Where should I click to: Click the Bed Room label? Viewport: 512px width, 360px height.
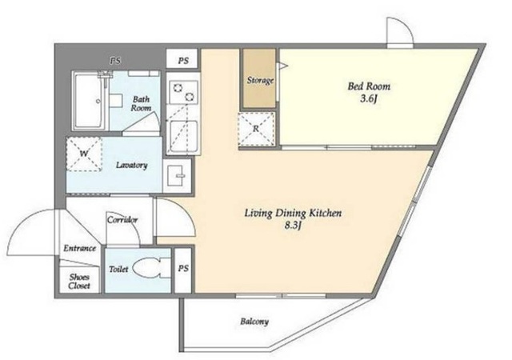pos(369,86)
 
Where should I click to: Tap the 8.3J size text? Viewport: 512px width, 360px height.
pos(293,226)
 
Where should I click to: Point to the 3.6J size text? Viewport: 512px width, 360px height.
pos(369,98)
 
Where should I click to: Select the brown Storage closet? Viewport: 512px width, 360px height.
pos(259,78)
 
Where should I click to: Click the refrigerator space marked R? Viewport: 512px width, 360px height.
pos(256,128)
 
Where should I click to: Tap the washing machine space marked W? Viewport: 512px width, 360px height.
pos(84,154)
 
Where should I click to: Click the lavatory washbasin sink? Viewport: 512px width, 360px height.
pos(177,175)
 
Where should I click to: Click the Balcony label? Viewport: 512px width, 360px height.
pos(254,322)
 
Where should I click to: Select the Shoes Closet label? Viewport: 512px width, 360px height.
pos(79,282)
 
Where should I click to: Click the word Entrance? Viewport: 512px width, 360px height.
pos(80,248)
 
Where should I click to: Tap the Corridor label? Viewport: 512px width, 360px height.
pos(122,219)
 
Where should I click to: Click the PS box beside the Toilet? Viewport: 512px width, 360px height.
pos(183,270)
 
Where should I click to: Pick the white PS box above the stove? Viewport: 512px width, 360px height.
pos(182,59)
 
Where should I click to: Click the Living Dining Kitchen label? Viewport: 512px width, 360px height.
pos(293,214)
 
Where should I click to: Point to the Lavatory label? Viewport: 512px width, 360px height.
pos(131,165)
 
